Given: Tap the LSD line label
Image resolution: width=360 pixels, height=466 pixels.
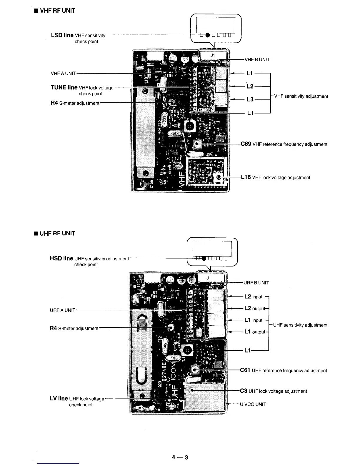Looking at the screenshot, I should point(62,35).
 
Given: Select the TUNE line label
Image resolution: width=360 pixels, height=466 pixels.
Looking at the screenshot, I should point(64,87).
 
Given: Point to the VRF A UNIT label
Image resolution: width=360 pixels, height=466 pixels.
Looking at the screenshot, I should point(63,73).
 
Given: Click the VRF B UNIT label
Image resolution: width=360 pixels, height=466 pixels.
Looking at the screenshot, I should point(257,59).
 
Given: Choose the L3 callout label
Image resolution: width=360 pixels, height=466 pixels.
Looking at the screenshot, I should point(250,99).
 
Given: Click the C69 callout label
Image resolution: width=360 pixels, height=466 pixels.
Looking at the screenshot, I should point(246,144).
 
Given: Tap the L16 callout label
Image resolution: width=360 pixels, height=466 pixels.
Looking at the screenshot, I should point(246,177).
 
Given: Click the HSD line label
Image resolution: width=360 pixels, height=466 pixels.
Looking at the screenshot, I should point(61,259).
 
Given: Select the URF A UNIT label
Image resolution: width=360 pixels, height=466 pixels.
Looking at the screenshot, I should point(63,310).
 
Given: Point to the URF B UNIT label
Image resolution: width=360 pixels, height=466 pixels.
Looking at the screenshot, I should point(256,283).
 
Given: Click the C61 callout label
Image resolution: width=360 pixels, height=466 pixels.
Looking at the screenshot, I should point(245,370).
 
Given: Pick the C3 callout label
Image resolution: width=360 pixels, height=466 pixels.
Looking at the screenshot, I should point(244,391).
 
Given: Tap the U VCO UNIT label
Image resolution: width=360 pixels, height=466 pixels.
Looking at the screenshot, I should point(253,404).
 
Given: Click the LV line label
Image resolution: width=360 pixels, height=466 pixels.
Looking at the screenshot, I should point(59,399).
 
